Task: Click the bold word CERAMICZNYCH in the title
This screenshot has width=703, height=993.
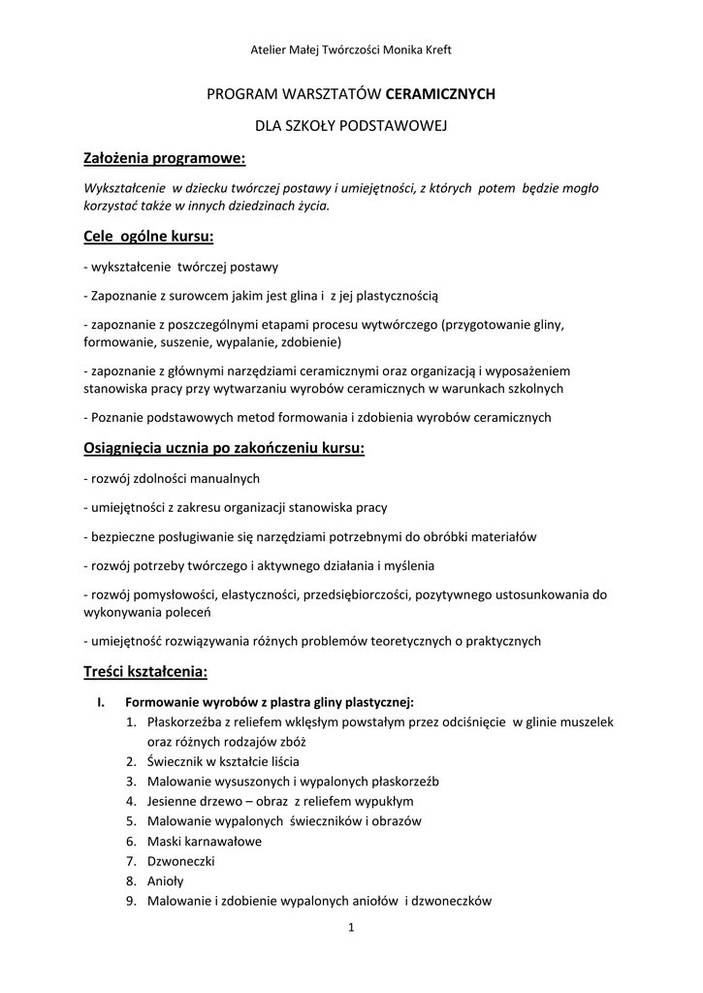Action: (x=440, y=94)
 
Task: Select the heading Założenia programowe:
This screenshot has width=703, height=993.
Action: (x=165, y=158)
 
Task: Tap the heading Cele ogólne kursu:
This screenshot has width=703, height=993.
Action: (x=148, y=237)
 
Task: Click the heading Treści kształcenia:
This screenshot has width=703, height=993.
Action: (x=145, y=671)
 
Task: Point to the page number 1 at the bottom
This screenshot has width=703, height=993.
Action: (x=351, y=928)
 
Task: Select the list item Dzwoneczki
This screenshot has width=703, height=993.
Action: (x=180, y=861)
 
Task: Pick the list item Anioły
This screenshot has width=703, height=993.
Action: (x=165, y=881)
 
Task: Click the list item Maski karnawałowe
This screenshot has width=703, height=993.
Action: (x=204, y=841)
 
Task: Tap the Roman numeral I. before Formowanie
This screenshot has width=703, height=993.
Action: (x=101, y=702)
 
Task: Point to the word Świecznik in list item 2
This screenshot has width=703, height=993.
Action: (x=176, y=761)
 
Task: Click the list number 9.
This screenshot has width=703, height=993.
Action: (x=130, y=901)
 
